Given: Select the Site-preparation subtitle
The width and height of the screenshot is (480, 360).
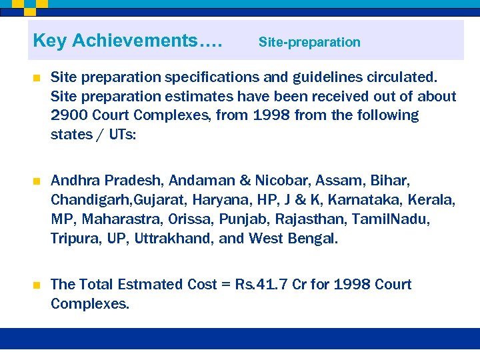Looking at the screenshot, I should pos(309,42).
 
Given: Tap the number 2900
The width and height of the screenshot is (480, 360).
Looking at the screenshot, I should pos(69,115).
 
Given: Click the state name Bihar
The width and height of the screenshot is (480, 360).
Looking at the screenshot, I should pos(389,181).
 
